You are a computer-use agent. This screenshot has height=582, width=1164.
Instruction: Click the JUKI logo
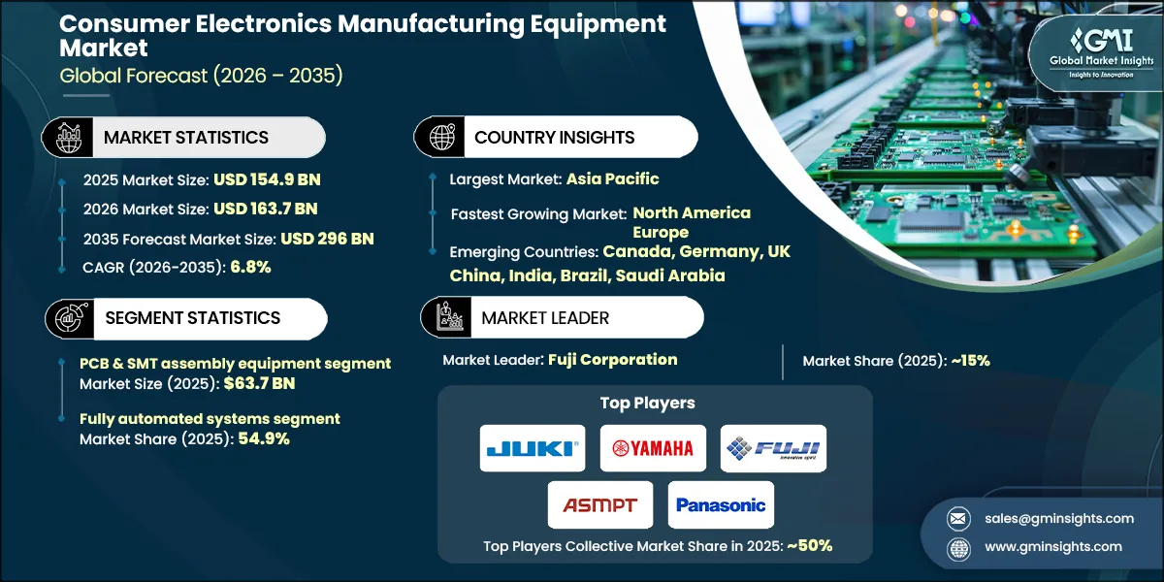pyautogui.click(x=533, y=448)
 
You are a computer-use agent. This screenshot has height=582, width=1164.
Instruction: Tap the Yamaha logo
pyautogui.click(x=653, y=448)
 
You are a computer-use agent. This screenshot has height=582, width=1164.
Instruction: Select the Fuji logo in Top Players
pyautogui.click(x=774, y=448)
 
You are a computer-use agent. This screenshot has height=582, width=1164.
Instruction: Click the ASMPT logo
pyautogui.click(x=600, y=504)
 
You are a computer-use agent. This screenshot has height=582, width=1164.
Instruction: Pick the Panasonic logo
pyautogui.click(x=721, y=504)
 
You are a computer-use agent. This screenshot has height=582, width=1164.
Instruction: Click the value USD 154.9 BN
pyautogui.click(x=267, y=179)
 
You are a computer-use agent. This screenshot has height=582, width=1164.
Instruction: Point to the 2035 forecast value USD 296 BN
pyautogui.click(x=327, y=239)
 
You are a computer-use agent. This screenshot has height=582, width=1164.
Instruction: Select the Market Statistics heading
pyautogui.click(x=186, y=138)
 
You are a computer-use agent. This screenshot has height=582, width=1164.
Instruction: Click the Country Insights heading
pyautogui.click(x=554, y=138)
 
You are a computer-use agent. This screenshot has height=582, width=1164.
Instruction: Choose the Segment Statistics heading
pyautogui.click(x=192, y=318)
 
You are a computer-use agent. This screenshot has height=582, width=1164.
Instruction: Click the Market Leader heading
pyautogui.click(x=545, y=318)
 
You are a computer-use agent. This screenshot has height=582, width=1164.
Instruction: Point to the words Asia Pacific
pyautogui.click(x=613, y=178)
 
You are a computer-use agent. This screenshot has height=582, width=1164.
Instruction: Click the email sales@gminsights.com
pyautogui.click(x=1059, y=518)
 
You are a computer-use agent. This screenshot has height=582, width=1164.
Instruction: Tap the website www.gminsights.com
pyautogui.click(x=1053, y=547)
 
